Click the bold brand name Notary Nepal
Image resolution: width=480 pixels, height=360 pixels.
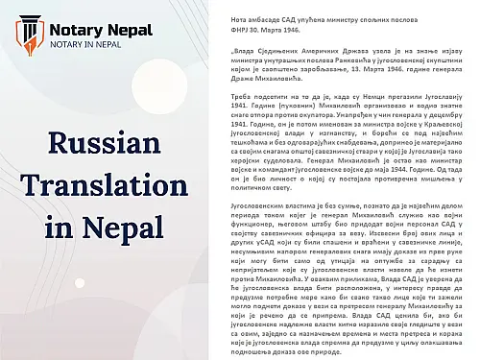(x=101, y=31)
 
